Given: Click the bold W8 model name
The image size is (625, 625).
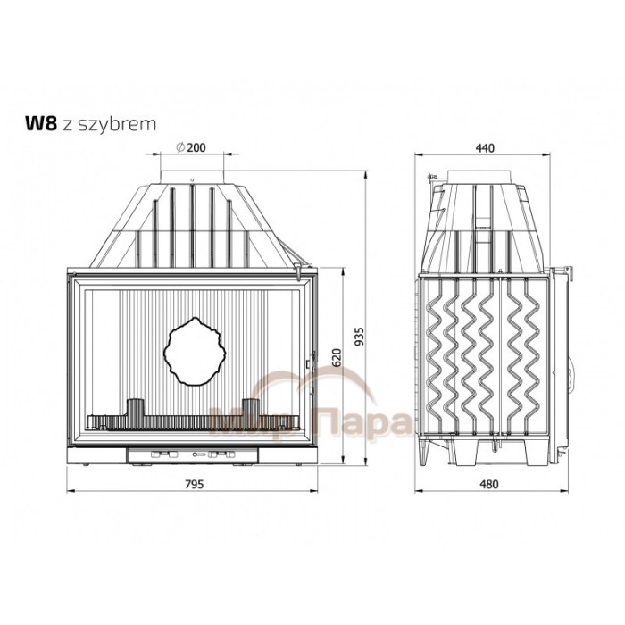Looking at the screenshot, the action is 41,123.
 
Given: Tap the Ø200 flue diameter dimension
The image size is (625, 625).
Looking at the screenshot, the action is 191,147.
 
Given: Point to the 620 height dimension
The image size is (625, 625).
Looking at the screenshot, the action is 337,357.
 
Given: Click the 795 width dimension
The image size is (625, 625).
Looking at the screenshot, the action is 194,484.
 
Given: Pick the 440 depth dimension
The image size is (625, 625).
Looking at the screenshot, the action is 485,148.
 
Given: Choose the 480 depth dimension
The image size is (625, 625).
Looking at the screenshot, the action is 488,484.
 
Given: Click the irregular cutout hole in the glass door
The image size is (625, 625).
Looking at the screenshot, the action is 195,352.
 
